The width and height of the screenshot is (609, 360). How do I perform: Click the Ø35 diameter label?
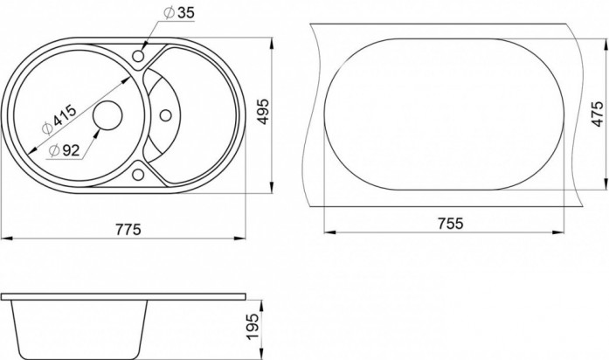point(179,13)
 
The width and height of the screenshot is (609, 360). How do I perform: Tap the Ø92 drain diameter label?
point(65,150)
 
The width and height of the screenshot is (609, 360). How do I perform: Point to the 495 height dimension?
point(263,112)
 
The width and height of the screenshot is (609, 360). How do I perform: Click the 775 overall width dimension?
point(128,230)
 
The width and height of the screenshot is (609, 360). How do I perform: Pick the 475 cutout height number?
point(599,114)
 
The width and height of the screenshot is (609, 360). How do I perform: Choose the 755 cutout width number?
point(451,224)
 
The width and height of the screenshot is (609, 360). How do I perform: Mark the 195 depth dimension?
point(253,327)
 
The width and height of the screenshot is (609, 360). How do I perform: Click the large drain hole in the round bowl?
point(107,115)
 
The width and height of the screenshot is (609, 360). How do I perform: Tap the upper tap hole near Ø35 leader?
point(138,57)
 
